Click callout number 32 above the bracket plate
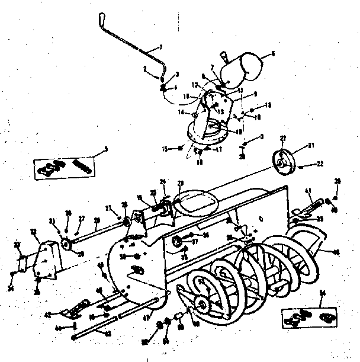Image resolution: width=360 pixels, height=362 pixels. [x=34, y=232]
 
